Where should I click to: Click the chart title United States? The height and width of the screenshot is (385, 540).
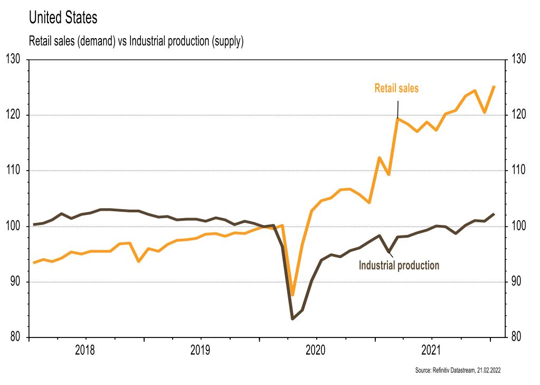(x=63, y=17)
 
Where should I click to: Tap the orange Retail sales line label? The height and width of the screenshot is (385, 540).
(x=396, y=88)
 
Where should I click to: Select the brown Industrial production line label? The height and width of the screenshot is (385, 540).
(x=399, y=265)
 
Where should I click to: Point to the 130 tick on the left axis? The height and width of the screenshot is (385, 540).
(x=13, y=59)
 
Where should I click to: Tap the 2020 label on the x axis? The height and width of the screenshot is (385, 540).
(x=316, y=350)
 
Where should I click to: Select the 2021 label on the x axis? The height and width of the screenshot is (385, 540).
(x=432, y=350)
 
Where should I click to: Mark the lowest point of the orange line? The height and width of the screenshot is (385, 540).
(x=292, y=295)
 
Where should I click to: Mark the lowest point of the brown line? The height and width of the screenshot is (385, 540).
(x=292, y=318)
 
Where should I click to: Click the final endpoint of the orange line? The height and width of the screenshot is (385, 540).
(x=494, y=87)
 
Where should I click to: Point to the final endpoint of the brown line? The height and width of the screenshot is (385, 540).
(x=494, y=214)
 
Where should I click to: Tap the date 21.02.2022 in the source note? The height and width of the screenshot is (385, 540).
(x=488, y=371)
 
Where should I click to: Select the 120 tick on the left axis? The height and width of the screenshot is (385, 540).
(x=13, y=115)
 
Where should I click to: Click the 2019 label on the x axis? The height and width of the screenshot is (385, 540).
(x=201, y=350)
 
